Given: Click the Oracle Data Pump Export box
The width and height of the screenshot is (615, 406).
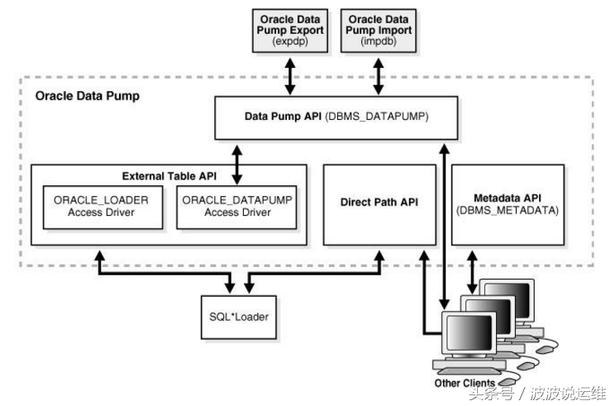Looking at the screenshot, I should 292,30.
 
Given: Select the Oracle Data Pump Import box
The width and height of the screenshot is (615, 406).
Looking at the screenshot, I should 379,30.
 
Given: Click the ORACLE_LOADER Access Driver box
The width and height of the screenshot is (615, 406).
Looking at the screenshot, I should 101,207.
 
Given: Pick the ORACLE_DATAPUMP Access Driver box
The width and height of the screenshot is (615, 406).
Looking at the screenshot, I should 237,207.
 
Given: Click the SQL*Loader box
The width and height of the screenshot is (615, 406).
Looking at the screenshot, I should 241,317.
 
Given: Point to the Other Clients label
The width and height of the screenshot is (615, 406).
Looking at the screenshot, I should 465,383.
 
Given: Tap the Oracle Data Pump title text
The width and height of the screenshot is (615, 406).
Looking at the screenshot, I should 88,96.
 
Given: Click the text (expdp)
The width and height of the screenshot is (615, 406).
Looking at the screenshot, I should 291,41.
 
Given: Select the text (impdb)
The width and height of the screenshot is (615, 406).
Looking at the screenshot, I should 378,41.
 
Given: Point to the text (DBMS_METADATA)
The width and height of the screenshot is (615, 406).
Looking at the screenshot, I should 508,211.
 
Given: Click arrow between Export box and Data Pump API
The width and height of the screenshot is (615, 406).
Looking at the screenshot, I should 291,76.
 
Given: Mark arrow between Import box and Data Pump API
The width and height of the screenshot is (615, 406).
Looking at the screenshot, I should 379,76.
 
